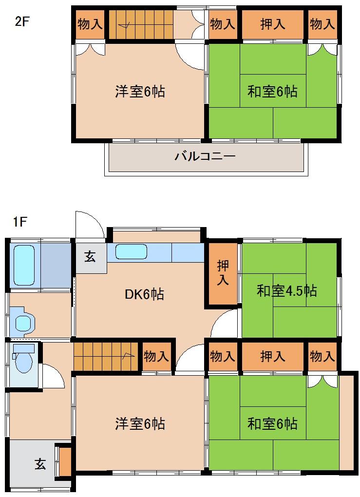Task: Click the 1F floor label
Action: click(x=20, y=222)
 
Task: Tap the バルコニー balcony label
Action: click(x=205, y=157)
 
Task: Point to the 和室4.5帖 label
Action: click(x=287, y=291)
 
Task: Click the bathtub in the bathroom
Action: click(x=24, y=265)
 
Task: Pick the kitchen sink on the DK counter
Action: click(x=131, y=252)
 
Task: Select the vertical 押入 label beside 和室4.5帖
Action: click(x=223, y=273)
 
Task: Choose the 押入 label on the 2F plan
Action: click(x=272, y=23)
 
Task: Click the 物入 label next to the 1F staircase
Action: click(x=156, y=357)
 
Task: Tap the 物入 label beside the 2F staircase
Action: click(x=90, y=23)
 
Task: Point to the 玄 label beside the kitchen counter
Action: click(x=90, y=257)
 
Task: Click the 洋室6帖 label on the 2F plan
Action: click(x=139, y=91)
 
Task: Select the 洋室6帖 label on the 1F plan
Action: click(x=139, y=423)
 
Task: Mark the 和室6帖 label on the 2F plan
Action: click(x=272, y=91)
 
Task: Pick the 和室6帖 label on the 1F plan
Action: click(x=272, y=423)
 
